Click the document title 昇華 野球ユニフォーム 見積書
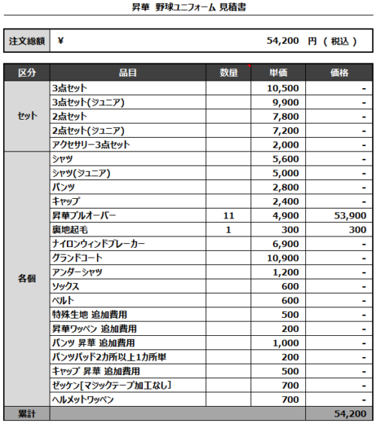click(x=188, y=8)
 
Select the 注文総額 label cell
click(x=27, y=41)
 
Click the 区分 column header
click(x=27, y=72)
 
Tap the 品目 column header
click(x=127, y=72)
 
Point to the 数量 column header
click(x=229, y=72)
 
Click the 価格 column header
click(x=338, y=72)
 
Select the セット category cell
click(x=27, y=116)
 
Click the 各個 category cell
click(x=27, y=279)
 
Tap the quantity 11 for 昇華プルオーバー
click(x=229, y=215)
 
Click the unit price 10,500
click(x=283, y=88)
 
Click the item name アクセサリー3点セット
click(x=90, y=145)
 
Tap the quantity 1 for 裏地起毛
click(x=229, y=230)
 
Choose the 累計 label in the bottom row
click(x=27, y=414)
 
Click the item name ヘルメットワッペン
click(x=83, y=399)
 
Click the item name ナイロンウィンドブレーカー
click(x=99, y=244)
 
